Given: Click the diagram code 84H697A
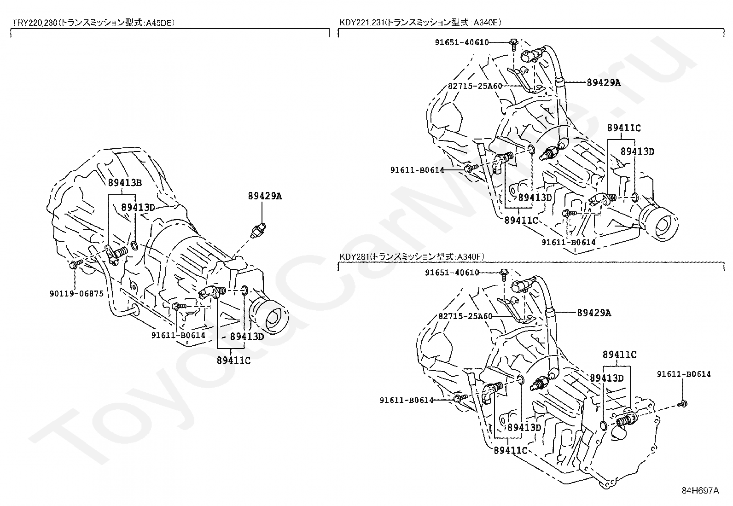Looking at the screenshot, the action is click(x=701, y=491).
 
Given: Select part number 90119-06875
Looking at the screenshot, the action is click(x=76, y=294).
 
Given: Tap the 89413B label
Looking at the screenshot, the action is click(x=125, y=183).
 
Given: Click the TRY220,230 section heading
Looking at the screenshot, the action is click(x=93, y=23).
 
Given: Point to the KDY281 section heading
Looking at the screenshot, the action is click(x=411, y=256).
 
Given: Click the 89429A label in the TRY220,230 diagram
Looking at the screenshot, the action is click(x=265, y=196).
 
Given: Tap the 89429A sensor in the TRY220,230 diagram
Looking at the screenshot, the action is click(x=258, y=230).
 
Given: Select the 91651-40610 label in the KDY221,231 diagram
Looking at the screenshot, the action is click(x=462, y=42).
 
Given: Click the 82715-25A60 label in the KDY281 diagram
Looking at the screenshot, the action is click(x=465, y=316).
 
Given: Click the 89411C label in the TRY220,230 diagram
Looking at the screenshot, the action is click(x=233, y=361).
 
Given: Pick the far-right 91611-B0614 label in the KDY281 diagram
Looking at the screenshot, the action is click(x=684, y=374).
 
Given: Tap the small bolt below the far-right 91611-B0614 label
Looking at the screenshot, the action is click(x=683, y=404).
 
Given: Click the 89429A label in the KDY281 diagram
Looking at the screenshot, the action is click(x=594, y=313).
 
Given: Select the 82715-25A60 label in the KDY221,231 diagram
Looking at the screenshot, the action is click(x=475, y=86).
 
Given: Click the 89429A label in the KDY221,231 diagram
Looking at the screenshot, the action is click(x=604, y=82).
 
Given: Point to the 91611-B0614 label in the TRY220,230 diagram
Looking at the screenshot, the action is click(x=178, y=335).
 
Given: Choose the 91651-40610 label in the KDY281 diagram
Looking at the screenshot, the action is click(x=452, y=272).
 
